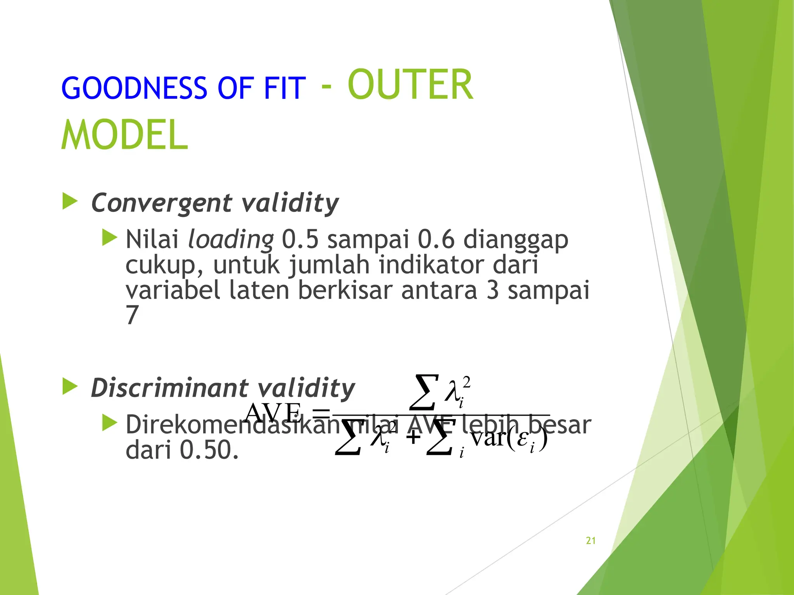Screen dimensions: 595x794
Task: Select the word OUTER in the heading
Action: pyautogui.click(x=410, y=85)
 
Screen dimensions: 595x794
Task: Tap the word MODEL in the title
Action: pyautogui.click(x=125, y=134)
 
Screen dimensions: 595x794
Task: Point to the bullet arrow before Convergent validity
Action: pyautogui.click(x=70, y=202)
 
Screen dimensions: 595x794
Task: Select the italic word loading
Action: pyautogui.click(x=230, y=240)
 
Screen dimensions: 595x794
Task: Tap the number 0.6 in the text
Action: pyautogui.click(x=436, y=239)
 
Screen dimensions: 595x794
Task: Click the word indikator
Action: pyautogui.click(x=431, y=265)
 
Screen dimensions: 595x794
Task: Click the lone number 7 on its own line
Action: pyautogui.click(x=132, y=315)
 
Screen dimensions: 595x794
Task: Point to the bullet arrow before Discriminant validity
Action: pyautogui.click(x=70, y=387)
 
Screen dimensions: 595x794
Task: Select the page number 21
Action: pyautogui.click(x=590, y=541)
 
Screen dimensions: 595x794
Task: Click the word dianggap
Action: pyautogui.click(x=516, y=240)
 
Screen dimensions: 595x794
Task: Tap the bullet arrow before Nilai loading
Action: pyautogui.click(x=109, y=237)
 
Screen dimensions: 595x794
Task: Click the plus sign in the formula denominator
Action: pyautogui.click(x=413, y=438)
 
